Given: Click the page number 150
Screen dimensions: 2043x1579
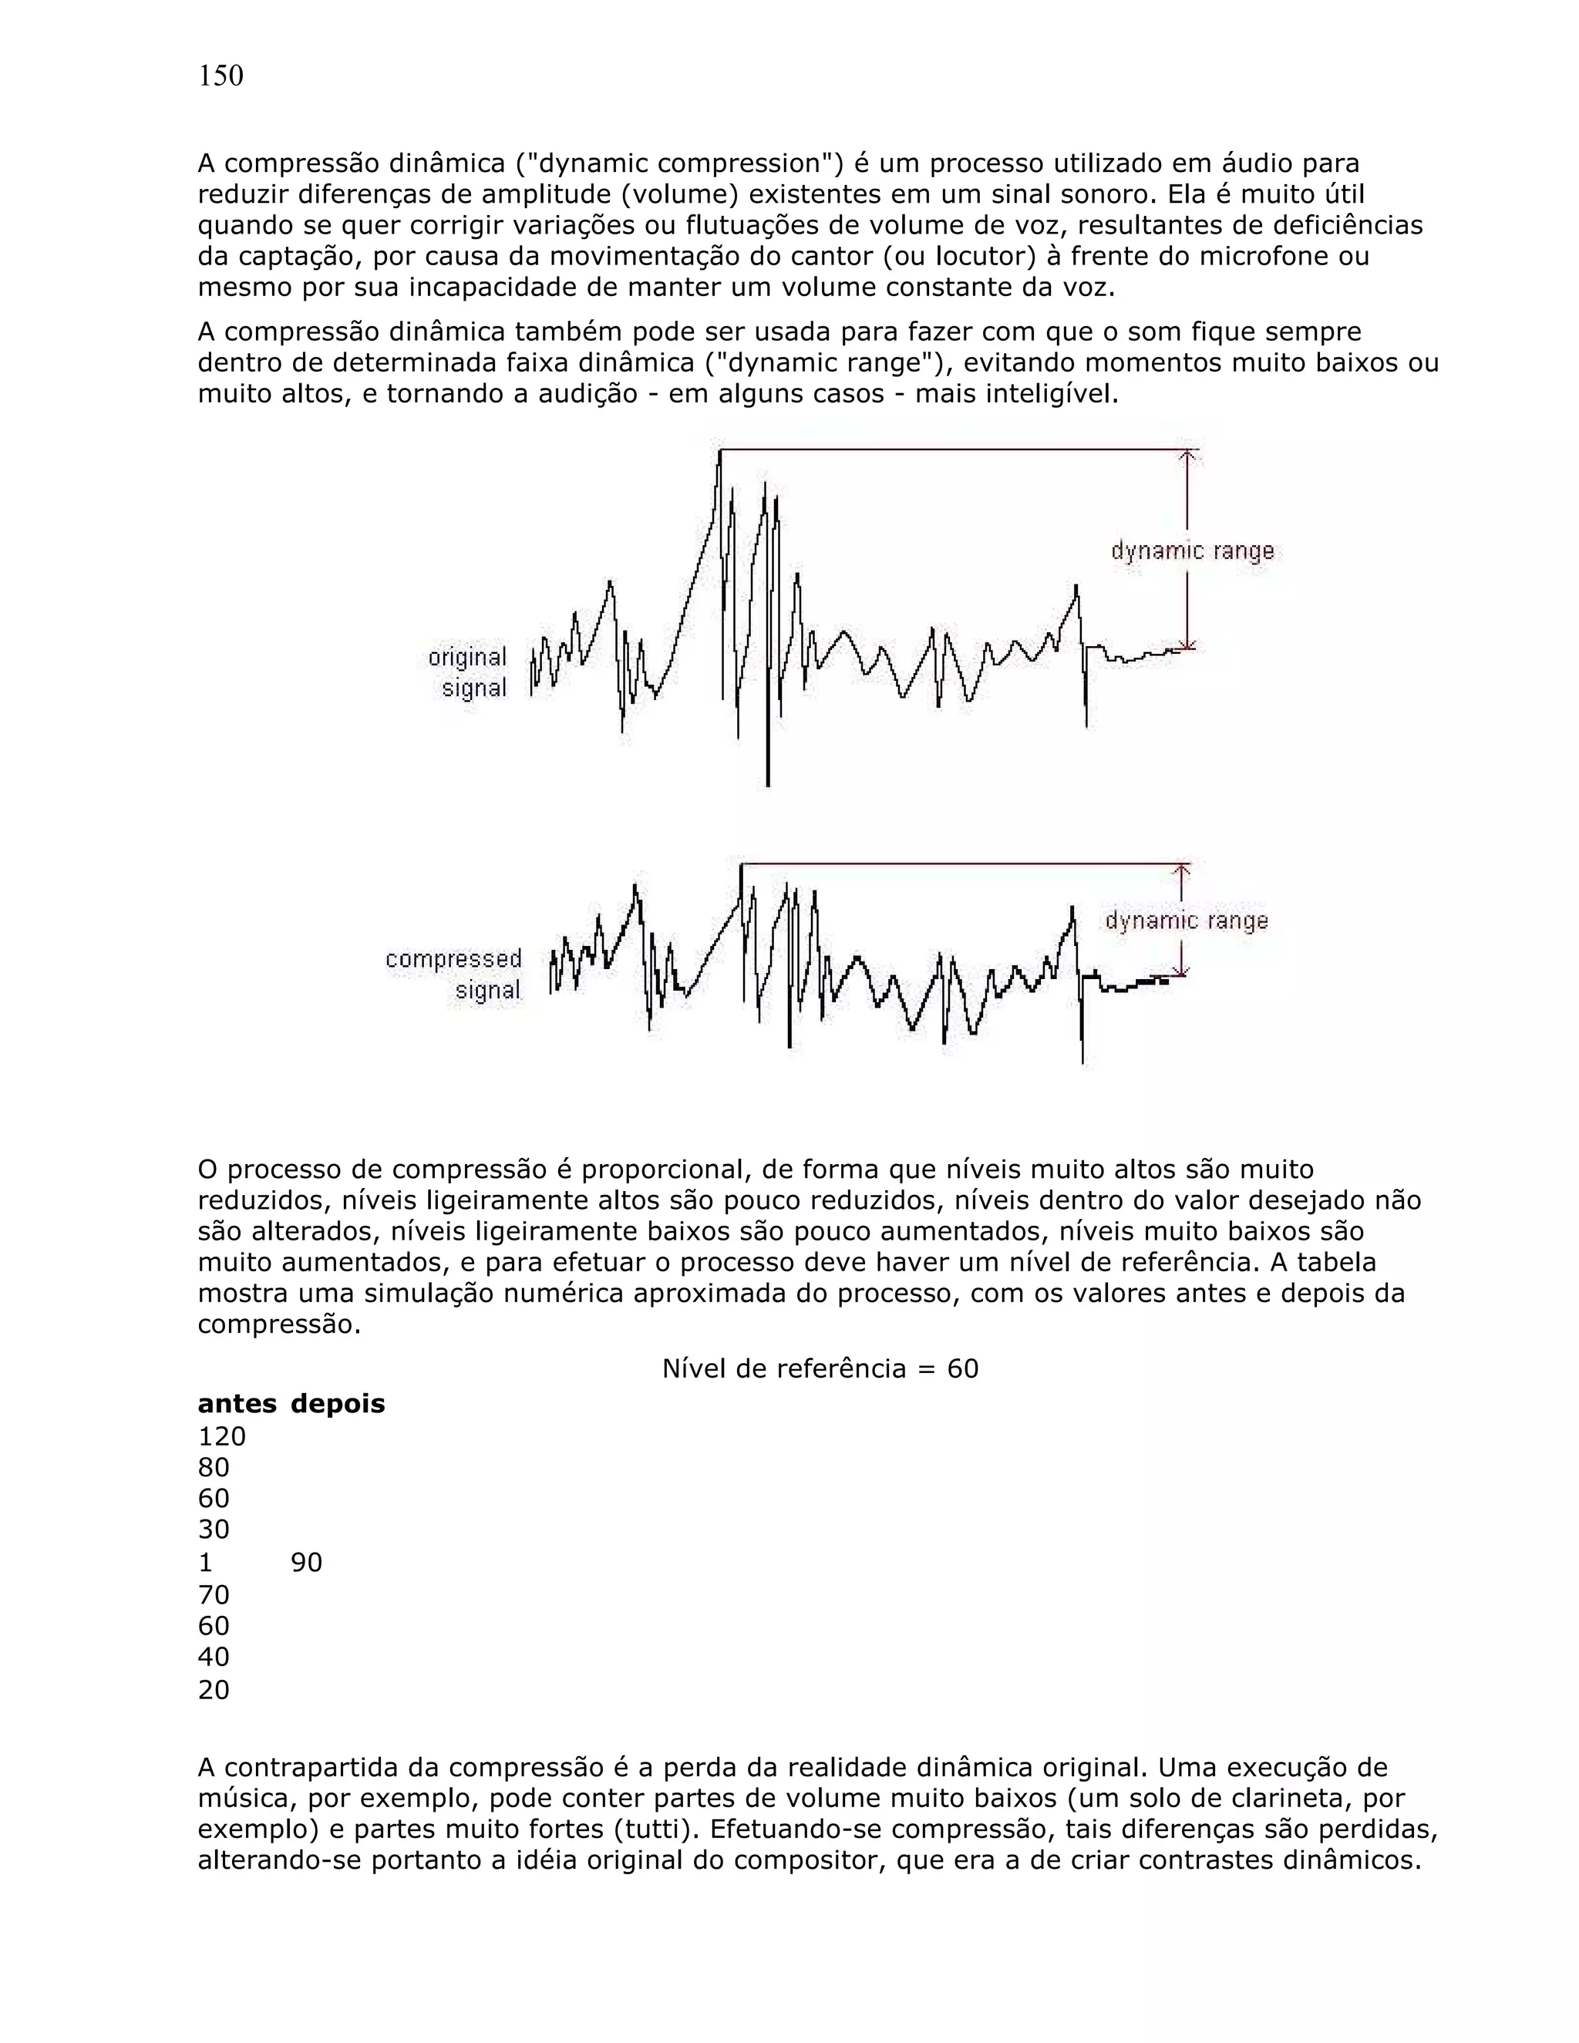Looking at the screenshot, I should coord(221,76).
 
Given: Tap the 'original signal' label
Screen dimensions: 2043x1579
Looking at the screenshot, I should coord(469,672).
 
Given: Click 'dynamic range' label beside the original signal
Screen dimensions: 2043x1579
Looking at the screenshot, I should coord(1193,551).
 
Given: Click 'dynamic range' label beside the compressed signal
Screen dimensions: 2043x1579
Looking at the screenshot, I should coord(1186,921).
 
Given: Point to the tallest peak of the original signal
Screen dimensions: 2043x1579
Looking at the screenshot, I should coord(719,453).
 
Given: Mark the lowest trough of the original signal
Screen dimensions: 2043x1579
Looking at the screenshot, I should coord(768,784).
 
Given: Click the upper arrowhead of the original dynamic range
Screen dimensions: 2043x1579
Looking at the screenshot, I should coord(1187,456).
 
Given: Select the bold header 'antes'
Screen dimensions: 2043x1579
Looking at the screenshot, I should coord(237,1404).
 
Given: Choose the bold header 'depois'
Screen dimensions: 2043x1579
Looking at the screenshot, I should coord(338,1404).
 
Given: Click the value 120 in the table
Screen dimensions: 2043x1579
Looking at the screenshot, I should coord(222,1436).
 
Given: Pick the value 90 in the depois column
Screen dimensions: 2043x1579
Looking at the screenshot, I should coord(307,1562).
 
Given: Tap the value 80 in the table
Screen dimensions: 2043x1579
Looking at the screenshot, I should coord(214,1467).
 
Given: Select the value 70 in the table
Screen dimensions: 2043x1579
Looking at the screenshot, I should coord(214,1594).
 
